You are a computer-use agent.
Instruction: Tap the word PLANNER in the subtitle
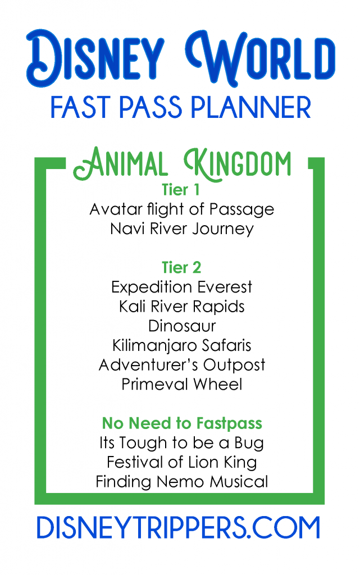[251, 107]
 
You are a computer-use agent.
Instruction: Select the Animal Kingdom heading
[182, 164]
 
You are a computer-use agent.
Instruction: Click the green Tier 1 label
[181, 190]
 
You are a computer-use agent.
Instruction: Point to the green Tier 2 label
[181, 267]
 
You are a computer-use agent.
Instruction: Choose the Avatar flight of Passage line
[182, 210]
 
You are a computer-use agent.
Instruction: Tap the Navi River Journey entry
[182, 229]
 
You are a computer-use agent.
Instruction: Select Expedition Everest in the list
[182, 287]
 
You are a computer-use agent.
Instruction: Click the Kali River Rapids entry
[182, 307]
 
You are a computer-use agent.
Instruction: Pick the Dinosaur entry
[182, 326]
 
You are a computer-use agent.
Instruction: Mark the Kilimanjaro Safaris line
[182, 346]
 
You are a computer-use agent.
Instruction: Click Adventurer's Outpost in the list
[182, 365]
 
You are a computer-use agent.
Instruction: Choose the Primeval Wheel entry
[182, 384]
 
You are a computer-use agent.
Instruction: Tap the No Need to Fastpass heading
[182, 423]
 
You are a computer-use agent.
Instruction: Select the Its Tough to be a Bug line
[182, 443]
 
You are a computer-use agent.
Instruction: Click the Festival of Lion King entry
[182, 463]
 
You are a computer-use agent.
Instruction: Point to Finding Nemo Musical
[182, 482]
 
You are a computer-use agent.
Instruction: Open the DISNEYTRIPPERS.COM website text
[179, 528]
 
